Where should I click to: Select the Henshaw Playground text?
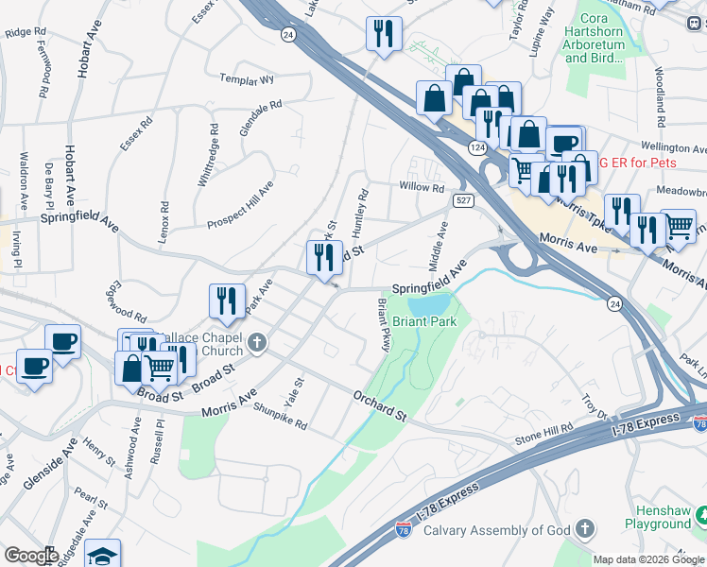click(658, 516)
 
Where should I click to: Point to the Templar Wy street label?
click(247, 80)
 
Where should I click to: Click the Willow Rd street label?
click(422, 188)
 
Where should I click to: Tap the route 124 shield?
click(479, 147)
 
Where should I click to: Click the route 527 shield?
click(462, 200)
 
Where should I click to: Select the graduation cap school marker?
click(102, 555)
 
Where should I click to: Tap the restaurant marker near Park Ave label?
click(227, 301)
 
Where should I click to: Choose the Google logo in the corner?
click(30, 556)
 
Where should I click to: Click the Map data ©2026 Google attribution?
click(648, 559)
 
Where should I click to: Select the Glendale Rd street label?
click(261, 118)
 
